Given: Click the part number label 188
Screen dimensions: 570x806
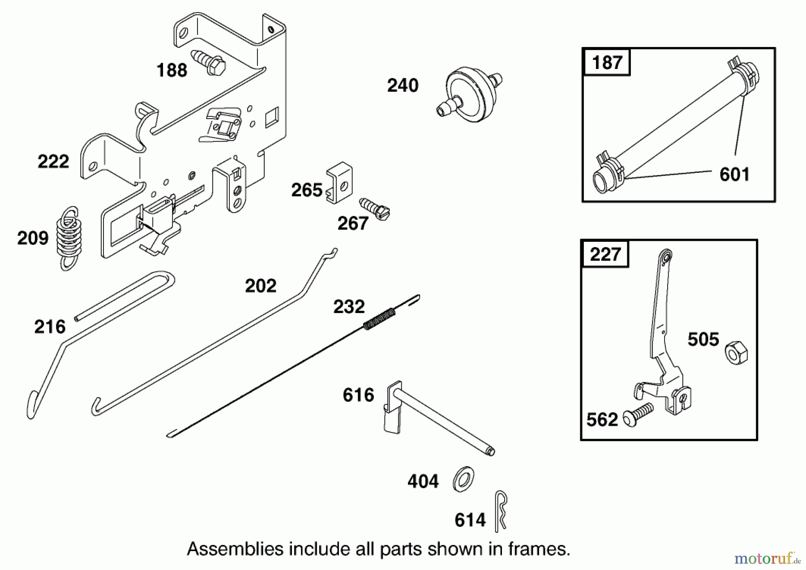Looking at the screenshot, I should pos(171,70).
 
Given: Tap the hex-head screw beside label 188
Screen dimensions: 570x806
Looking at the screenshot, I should pos(210,63).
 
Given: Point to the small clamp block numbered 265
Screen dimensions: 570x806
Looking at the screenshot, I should pos(339,183).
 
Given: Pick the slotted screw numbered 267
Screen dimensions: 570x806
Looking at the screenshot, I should pos(375,210).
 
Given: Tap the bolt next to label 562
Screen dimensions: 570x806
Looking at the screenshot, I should pos(638,414).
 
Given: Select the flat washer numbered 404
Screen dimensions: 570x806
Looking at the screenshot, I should pos(463,480).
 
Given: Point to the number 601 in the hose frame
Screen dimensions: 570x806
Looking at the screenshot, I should pos(734,174).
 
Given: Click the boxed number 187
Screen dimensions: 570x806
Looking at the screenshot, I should pos(607,62).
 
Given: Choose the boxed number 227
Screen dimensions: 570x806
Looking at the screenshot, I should pos(605,254).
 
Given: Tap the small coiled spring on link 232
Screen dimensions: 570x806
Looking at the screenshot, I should pos(379,319).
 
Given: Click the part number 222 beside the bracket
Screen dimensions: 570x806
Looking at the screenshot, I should pos(53,161).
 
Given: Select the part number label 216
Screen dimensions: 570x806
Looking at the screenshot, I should pos(50,327).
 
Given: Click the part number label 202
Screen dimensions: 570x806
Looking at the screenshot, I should pos(261,286).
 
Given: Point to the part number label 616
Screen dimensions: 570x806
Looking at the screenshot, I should pos(358,395).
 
